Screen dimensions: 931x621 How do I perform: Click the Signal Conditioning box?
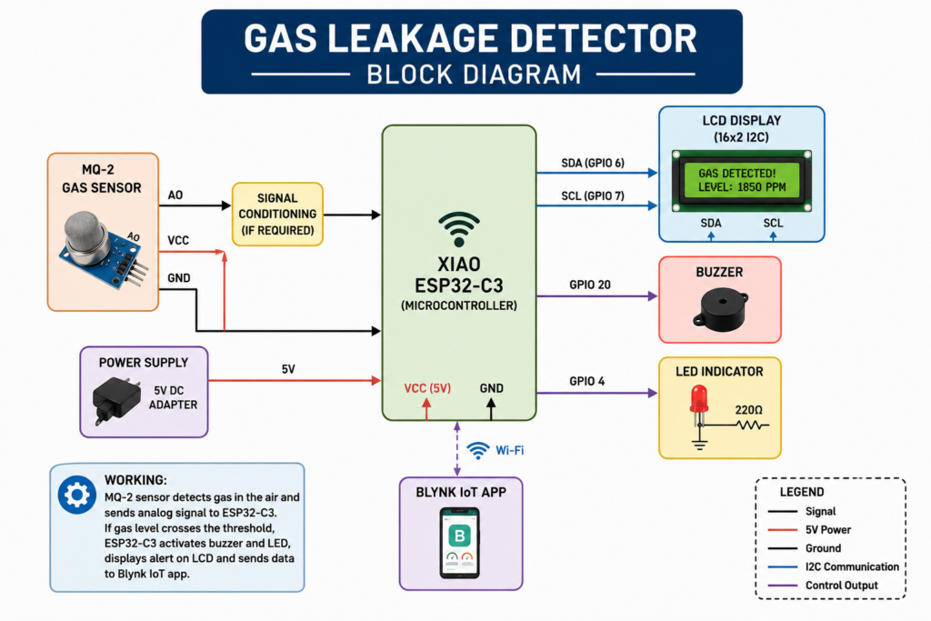coord(277,214)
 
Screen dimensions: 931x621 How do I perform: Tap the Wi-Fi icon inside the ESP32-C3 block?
coord(459,229)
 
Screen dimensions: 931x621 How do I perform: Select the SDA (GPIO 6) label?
coord(593,163)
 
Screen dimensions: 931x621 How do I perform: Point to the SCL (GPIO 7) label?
coord(593,195)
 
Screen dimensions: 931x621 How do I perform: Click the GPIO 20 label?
coord(589,285)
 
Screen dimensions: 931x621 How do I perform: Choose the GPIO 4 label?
coord(586,381)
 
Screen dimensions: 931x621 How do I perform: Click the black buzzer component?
coord(720,309)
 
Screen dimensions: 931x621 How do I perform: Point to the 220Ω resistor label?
coord(749,410)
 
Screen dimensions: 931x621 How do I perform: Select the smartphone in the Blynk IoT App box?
coord(459,543)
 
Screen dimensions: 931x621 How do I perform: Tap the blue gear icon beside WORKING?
coord(77,495)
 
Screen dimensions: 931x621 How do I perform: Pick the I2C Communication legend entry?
coord(834,567)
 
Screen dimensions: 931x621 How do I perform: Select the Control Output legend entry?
coord(823,586)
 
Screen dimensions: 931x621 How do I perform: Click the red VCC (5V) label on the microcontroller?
coord(427,388)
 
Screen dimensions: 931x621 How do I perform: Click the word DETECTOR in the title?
coord(604,38)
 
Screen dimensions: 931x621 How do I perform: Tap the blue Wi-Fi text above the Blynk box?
coord(510,451)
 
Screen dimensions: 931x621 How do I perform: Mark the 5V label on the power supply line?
coord(288,369)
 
